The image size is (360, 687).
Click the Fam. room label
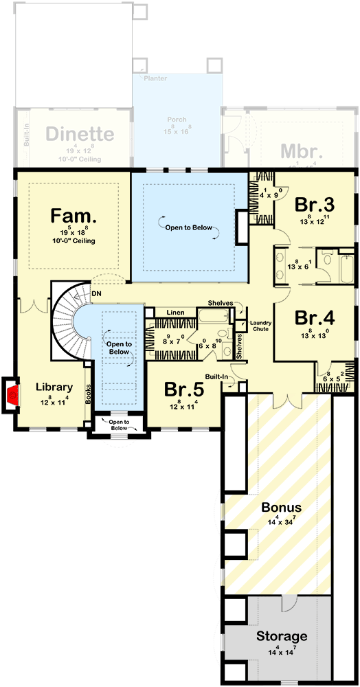(x=73, y=216)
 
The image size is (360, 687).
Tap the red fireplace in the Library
(x=12, y=395)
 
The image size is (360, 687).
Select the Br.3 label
(x=314, y=205)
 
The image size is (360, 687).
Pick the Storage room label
(x=282, y=635)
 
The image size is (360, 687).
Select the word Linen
(x=175, y=313)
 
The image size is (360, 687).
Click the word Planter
(x=155, y=79)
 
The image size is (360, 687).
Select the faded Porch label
(x=177, y=120)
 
